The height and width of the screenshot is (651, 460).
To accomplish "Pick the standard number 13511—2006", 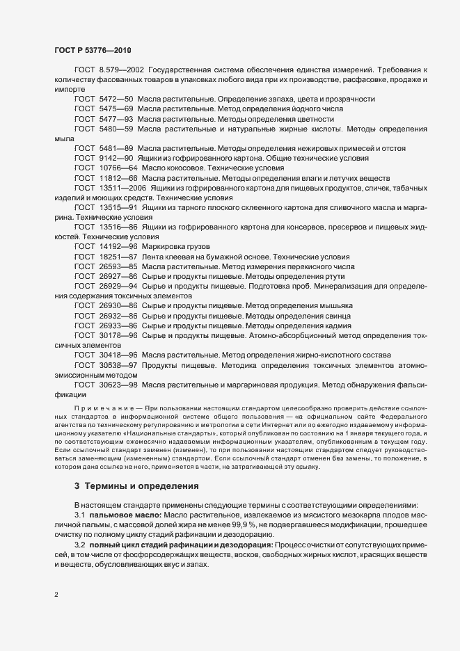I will point(122,188).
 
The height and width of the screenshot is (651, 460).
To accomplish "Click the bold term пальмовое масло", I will point(125,513).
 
